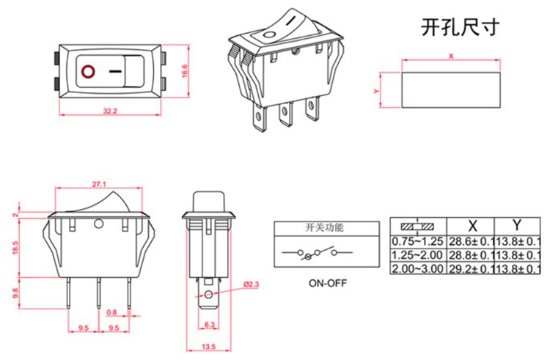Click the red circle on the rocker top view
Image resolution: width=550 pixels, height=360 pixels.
89,72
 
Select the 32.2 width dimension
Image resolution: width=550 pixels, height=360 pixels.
111,111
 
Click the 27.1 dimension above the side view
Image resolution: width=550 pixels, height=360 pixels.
100,183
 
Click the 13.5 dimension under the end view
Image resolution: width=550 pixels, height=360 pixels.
208,346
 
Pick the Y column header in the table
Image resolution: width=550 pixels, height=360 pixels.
517,225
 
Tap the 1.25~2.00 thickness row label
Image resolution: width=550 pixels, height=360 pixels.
416,254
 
